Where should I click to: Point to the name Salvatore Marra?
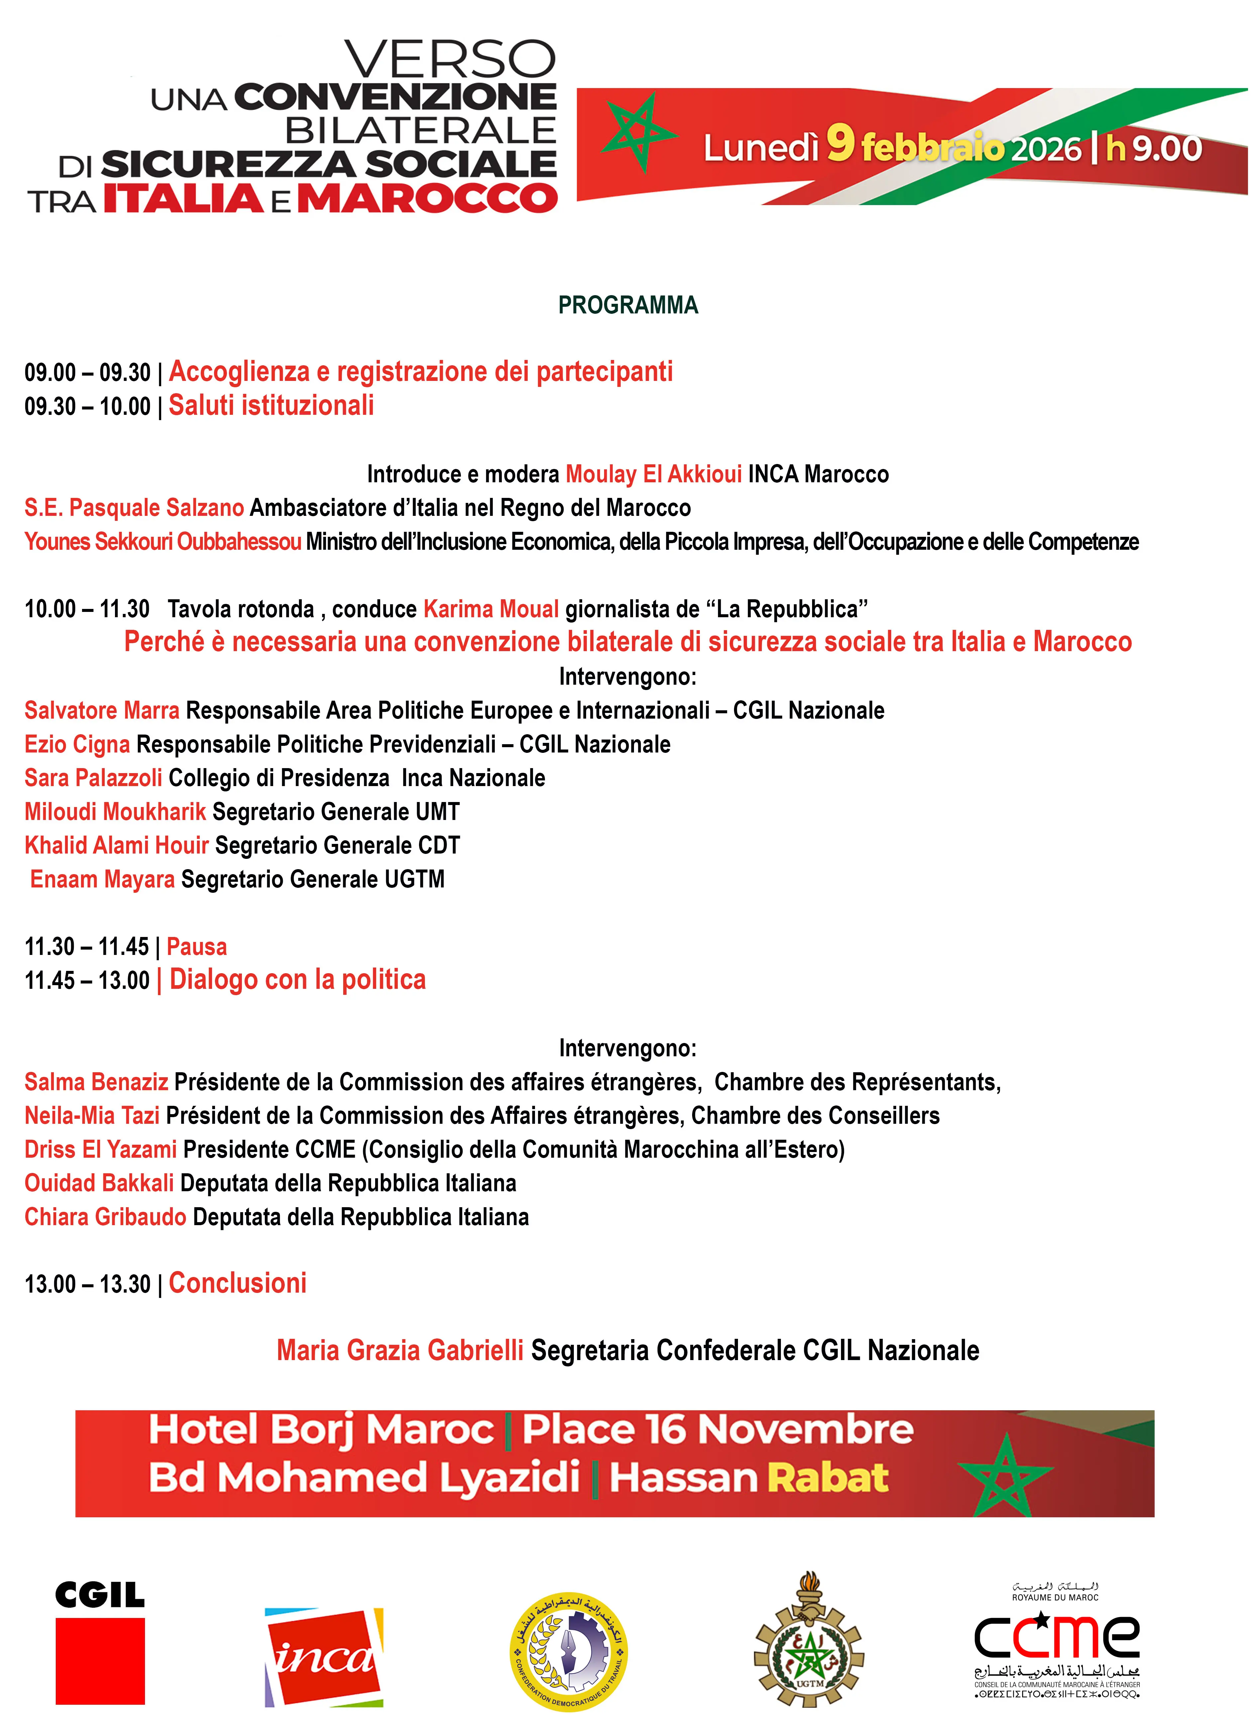point(102,711)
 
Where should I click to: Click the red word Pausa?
point(197,947)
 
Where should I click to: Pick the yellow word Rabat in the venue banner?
point(828,1478)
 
